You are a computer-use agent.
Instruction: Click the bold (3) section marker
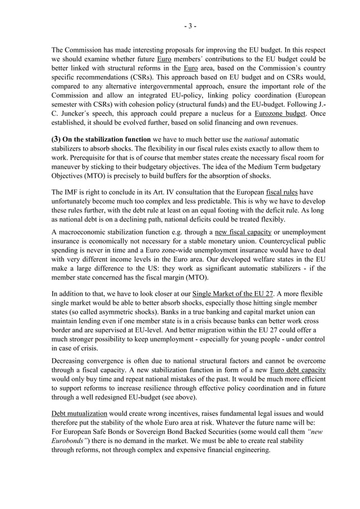[56, 139]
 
